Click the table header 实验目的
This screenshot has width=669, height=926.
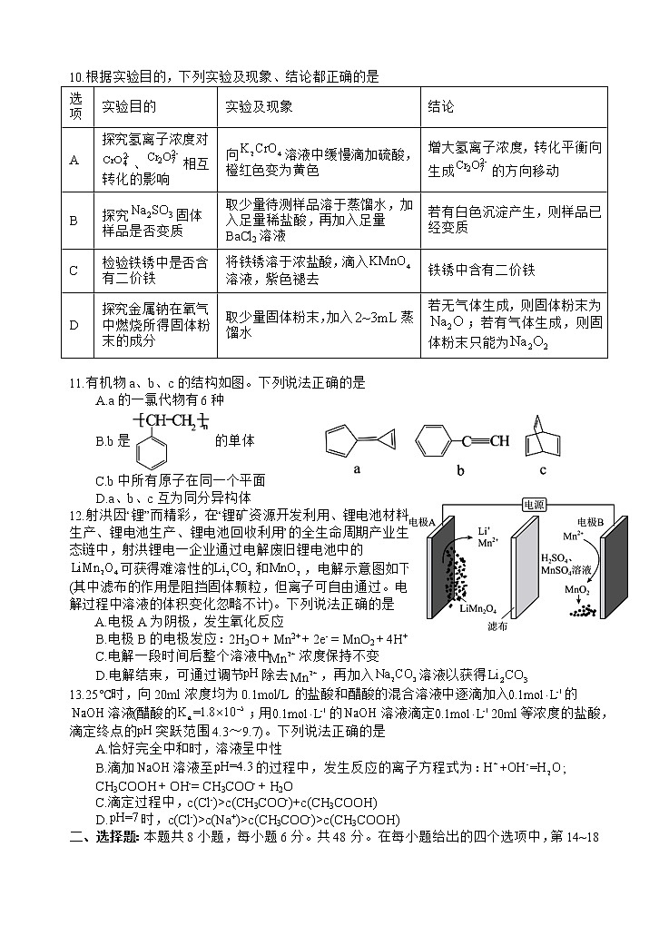coord(129,107)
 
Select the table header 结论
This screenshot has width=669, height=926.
coord(441,107)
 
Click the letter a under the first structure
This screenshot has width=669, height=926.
coord(357,469)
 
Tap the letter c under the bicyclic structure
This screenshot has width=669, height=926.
coord(543,469)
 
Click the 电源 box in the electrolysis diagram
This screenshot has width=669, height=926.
coord(532,504)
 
